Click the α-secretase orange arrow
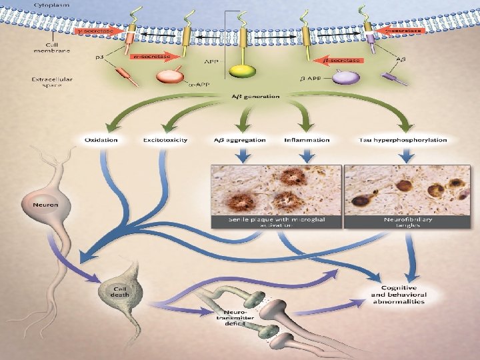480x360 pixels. [154, 57]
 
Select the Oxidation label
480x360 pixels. [101, 140]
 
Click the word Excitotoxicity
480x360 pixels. [165, 140]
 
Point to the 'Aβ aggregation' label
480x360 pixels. [241, 140]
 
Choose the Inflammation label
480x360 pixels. [307, 140]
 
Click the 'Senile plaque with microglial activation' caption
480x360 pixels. [276, 222]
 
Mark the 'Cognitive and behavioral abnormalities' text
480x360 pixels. [399, 293]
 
